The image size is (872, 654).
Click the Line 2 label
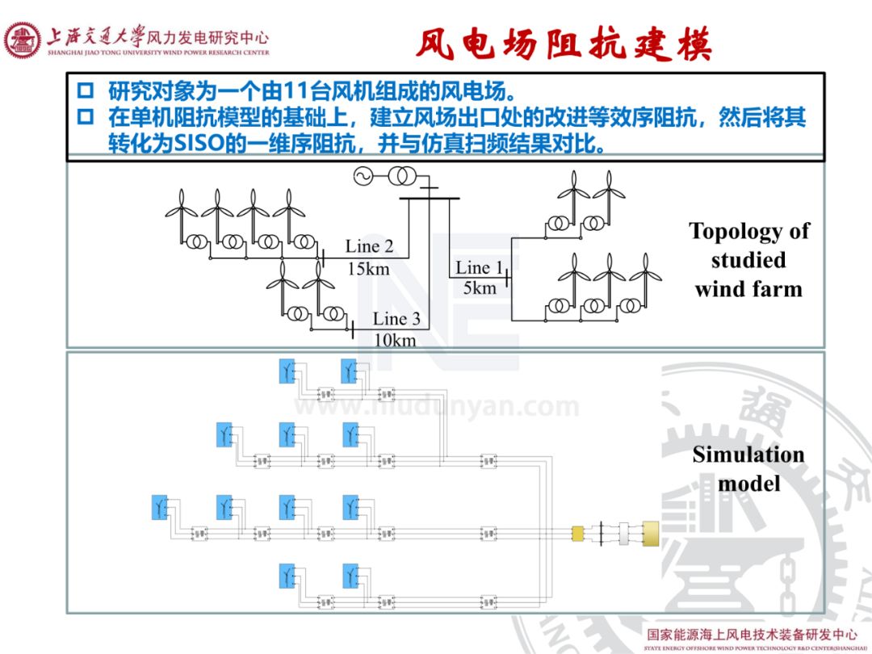(369, 246)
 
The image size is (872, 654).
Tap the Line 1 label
(479, 267)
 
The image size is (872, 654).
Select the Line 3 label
(396, 319)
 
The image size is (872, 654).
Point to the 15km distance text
(368, 268)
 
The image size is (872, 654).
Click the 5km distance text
(480, 287)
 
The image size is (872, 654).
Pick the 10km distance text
(395, 340)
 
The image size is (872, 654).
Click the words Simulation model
(748, 468)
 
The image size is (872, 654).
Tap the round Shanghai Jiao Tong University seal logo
(23, 40)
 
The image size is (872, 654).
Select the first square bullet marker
(85, 90)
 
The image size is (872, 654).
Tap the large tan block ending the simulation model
(649, 533)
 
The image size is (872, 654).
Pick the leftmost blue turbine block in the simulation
(159, 507)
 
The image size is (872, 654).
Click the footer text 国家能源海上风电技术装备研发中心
(751, 635)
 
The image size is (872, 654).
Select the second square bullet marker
(85, 118)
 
